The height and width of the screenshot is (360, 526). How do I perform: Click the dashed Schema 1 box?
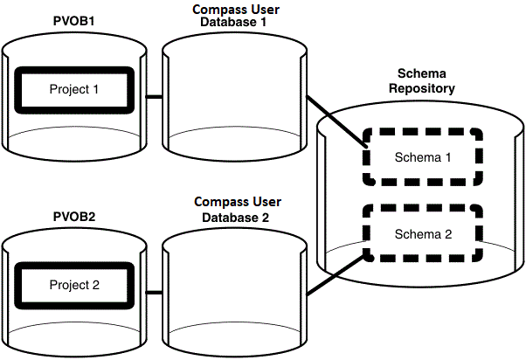423,157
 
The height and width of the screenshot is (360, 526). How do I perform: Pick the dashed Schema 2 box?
423,234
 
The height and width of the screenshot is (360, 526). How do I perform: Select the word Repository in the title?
425,89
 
